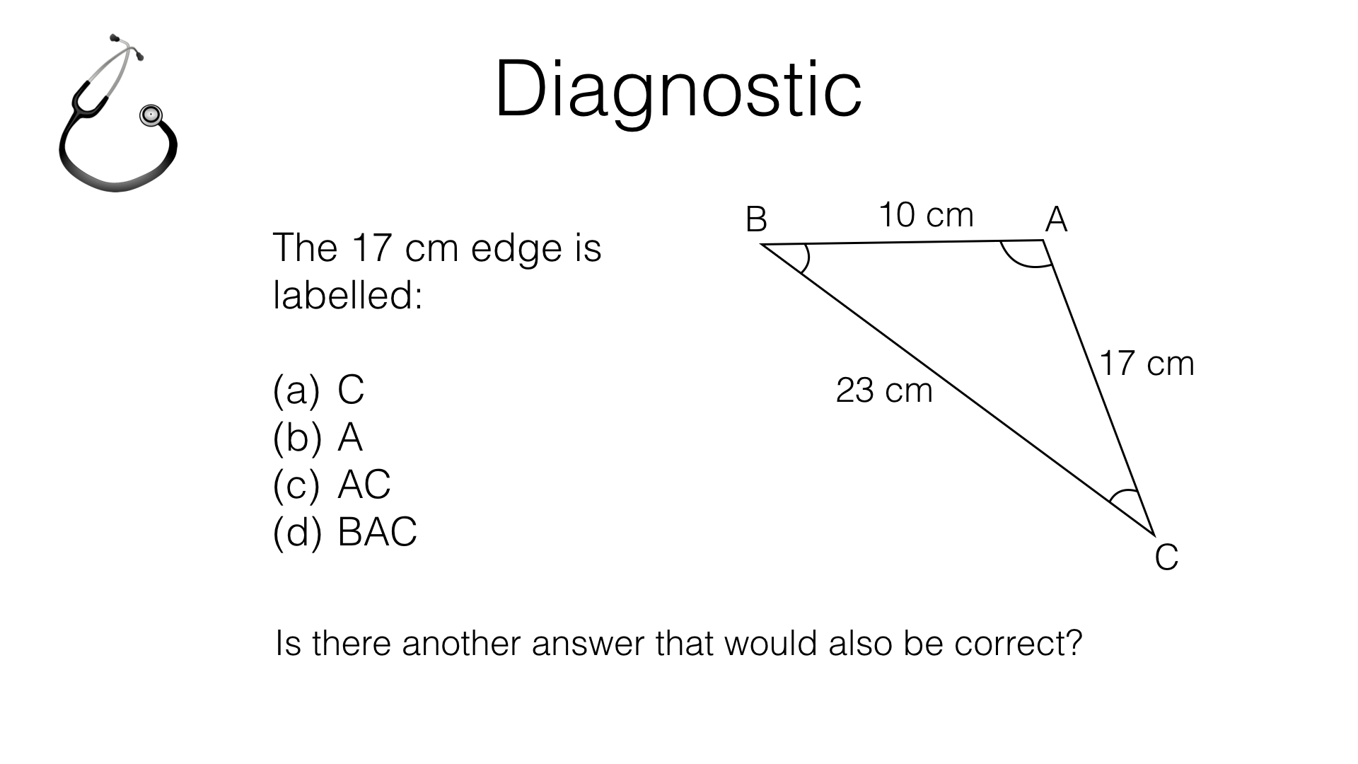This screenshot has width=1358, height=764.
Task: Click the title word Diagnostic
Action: click(678, 91)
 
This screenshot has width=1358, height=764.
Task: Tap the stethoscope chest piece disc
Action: click(151, 115)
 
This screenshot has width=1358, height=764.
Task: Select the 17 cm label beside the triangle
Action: click(1147, 364)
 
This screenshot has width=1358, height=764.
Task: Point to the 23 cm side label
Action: click(884, 390)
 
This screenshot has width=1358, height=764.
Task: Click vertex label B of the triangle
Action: click(756, 220)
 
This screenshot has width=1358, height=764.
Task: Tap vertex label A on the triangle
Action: click(1056, 220)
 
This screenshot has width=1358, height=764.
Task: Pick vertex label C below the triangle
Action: click(1166, 557)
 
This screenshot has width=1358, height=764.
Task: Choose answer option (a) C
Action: click(318, 389)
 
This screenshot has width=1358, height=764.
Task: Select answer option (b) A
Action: click(318, 437)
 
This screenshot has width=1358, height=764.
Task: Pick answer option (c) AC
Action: click(331, 485)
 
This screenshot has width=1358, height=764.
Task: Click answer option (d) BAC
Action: click(344, 532)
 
